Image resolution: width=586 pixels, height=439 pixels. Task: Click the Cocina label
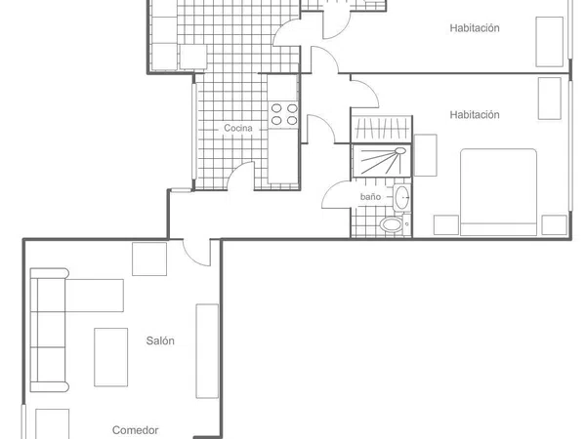tap(238, 128)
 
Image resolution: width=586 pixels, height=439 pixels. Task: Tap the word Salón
tap(160, 340)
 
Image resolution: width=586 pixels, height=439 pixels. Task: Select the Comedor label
tap(136, 430)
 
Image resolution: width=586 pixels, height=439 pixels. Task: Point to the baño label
tap(370, 197)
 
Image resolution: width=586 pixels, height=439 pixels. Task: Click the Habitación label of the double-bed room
tap(475, 114)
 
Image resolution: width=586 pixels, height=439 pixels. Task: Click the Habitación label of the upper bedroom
tap(475, 28)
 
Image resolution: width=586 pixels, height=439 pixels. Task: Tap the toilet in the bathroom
tap(392, 224)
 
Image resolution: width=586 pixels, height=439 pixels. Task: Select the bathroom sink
tap(401, 197)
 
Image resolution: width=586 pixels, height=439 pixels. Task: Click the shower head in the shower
tap(400, 151)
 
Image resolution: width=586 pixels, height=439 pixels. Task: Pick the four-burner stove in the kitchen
tap(284, 114)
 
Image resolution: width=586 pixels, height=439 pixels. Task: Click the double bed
tap(498, 192)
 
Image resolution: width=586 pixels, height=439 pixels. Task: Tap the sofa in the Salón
tap(49, 330)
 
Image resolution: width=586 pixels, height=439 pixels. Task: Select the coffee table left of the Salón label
tap(111, 357)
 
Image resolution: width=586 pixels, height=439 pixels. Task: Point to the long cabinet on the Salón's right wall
tap(207, 351)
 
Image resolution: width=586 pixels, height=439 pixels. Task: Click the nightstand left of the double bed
tap(446, 225)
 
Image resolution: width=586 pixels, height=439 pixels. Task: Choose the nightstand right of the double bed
tap(554, 225)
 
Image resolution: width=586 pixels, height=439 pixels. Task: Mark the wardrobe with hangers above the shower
tap(382, 129)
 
